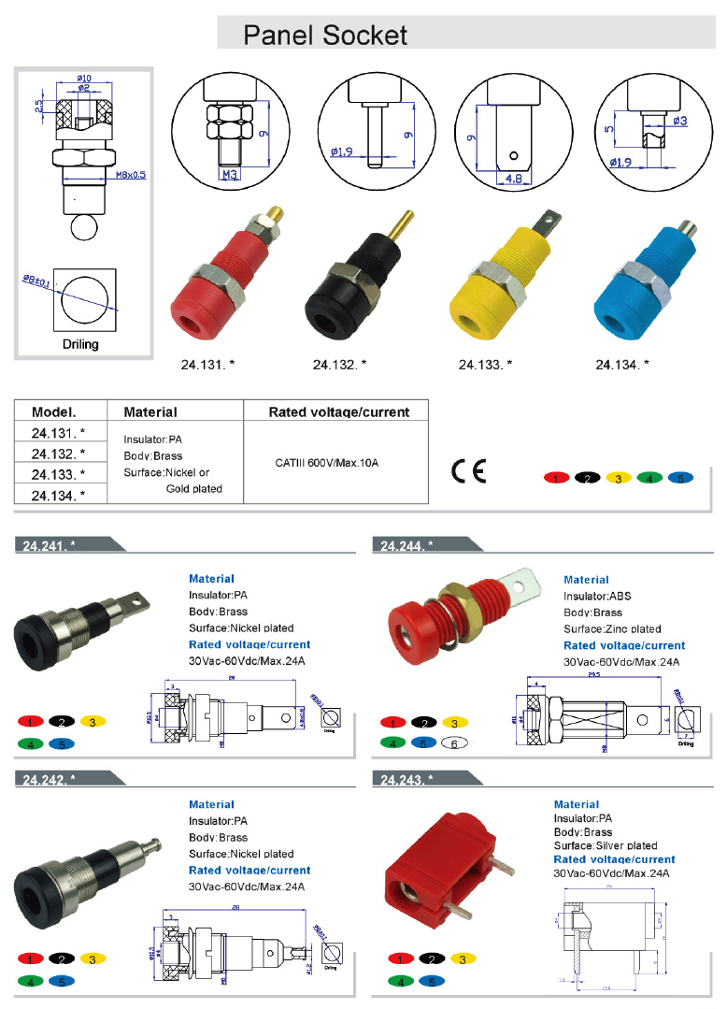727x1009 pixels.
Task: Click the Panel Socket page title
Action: (x=325, y=36)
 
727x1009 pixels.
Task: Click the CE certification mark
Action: (x=468, y=470)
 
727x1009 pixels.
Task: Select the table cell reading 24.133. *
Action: (x=58, y=474)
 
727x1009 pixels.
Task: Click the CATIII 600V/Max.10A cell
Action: (x=333, y=463)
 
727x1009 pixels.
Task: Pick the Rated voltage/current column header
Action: (x=338, y=411)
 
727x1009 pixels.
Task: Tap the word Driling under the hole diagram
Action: (x=80, y=344)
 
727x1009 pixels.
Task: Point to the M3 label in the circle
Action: (x=230, y=174)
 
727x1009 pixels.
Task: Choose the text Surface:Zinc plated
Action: (x=612, y=628)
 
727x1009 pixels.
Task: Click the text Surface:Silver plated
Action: (x=606, y=845)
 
